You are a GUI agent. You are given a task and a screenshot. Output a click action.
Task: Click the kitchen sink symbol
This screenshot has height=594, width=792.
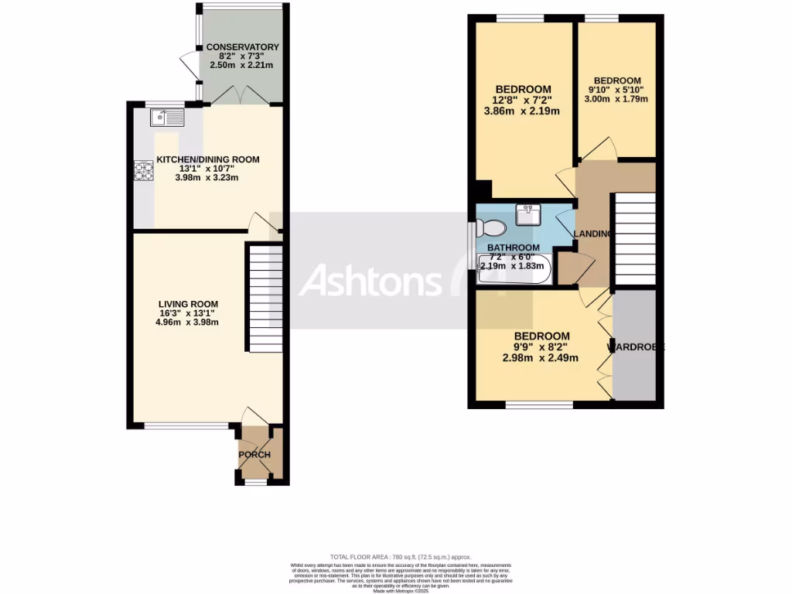pos(167,118)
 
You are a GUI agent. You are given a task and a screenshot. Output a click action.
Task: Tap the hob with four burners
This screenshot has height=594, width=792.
pos(144,169)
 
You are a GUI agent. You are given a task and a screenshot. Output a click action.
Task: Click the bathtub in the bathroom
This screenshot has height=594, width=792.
pos(515,272)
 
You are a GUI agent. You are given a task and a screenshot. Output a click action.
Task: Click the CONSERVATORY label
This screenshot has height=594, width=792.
pos(243,47)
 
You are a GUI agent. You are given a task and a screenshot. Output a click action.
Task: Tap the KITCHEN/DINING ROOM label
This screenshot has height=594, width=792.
pos(208,160)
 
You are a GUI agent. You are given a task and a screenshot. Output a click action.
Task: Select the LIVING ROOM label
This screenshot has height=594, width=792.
pos(188,304)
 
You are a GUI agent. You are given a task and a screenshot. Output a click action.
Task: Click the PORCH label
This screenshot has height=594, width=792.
pos(254,454)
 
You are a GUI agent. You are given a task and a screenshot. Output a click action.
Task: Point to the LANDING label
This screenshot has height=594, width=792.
pos(592,234)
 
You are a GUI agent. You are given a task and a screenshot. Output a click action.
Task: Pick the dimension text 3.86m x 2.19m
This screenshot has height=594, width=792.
pos(523,111)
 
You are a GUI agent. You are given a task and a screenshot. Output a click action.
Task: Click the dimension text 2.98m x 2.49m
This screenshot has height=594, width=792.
pos(541,357)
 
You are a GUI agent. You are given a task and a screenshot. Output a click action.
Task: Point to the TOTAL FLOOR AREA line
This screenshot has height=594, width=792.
pos(400,557)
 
